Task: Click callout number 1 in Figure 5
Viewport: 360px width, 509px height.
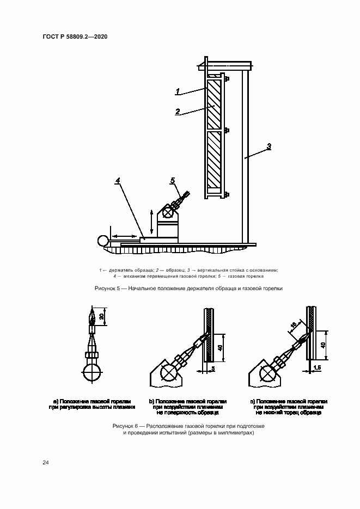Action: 177,91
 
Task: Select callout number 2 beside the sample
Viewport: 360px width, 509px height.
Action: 178,111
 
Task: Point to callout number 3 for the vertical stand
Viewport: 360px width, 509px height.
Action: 269,146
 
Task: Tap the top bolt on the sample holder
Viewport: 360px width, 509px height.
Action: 226,79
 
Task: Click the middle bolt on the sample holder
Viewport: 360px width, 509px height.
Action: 226,131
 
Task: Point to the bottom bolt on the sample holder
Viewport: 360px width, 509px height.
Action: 226,194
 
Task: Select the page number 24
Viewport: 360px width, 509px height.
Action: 46,462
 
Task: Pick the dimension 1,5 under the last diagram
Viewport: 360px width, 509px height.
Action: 318,369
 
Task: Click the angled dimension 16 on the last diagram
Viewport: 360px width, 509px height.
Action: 293,326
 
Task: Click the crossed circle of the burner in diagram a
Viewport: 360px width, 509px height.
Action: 91,376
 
